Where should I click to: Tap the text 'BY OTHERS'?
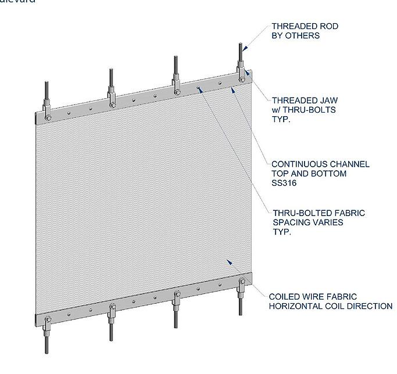pyautogui.click(x=295, y=35)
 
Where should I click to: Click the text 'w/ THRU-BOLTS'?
pyautogui.click(x=303, y=109)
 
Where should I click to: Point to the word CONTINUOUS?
pyautogui.click(x=298, y=164)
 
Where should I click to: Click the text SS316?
pyautogui.click(x=284, y=183)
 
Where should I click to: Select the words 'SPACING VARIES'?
pyautogui.click(x=308, y=222)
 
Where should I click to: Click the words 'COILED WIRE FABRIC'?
pyautogui.click(x=313, y=297)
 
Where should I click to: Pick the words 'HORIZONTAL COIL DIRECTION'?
pyautogui.click(x=330, y=306)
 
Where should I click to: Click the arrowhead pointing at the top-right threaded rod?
pyautogui.click(x=246, y=49)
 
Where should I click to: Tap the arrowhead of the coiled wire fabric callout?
pyautogui.click(x=230, y=262)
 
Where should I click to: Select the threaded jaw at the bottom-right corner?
pyautogui.click(x=242, y=285)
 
